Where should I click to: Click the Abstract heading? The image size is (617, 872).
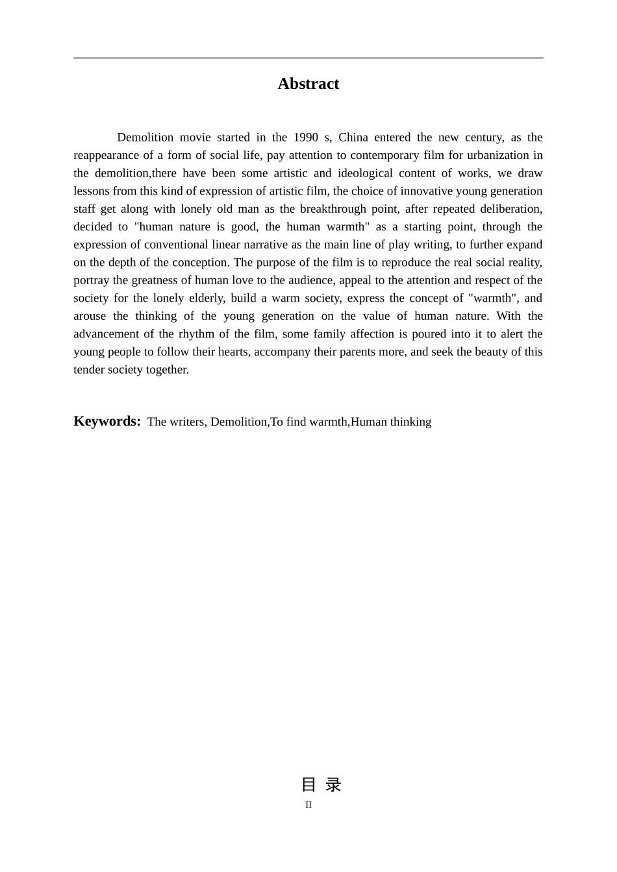[308, 84]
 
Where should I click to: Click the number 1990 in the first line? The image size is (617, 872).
[305, 138]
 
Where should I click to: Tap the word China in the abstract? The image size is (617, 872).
[353, 138]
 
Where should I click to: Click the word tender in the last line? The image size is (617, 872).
[89, 370]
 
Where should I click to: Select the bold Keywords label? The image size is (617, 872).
[107, 421]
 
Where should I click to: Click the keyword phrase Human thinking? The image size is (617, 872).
[391, 422]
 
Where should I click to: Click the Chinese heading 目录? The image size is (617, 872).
[321, 785]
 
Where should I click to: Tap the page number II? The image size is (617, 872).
[308, 805]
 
